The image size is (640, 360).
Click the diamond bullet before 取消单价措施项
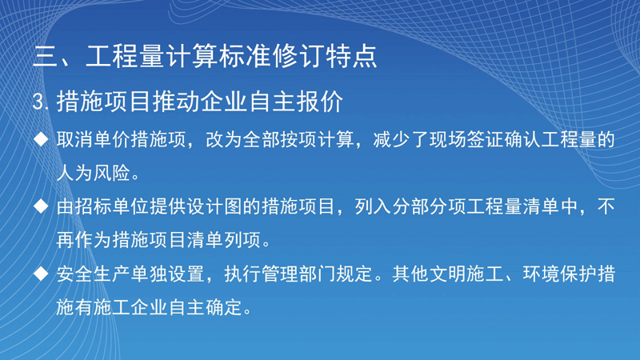(41, 139)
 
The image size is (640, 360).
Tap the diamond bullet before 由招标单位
(41, 206)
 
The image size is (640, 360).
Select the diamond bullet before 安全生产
(41, 274)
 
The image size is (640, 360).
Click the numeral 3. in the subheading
(41, 102)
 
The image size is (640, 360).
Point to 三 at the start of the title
(46, 56)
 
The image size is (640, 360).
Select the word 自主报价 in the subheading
(296, 102)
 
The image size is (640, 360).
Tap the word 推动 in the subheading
(176, 102)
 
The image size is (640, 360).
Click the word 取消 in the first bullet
(74, 139)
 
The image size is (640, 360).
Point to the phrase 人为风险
(94, 173)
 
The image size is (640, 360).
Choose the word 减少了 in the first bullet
(401, 139)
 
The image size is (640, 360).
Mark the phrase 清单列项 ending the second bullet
(224, 240)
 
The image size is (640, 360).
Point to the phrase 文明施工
(466, 274)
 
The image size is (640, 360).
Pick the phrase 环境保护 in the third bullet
(559, 274)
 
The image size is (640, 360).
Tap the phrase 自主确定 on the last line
(206, 307)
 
